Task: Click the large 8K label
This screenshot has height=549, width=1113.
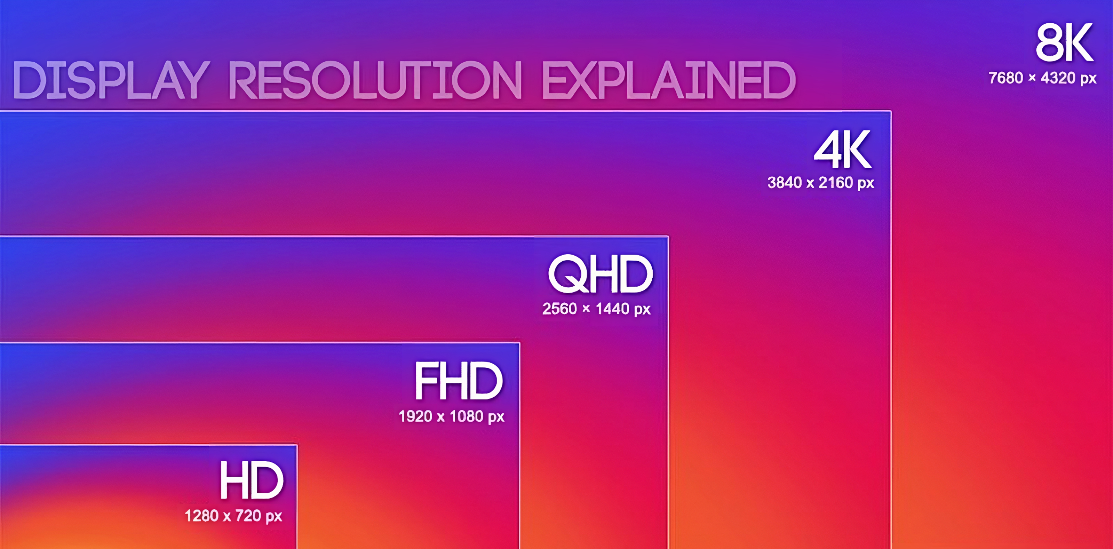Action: pyautogui.click(x=1065, y=43)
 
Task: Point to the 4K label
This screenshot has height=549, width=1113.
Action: pyautogui.click(x=843, y=150)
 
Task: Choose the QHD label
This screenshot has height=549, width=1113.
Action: pyautogui.click(x=600, y=274)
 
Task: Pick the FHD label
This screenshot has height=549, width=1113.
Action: pyautogui.click(x=459, y=381)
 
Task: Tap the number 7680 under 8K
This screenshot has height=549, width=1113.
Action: pyautogui.click(x=1005, y=78)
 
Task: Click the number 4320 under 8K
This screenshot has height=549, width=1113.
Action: pyautogui.click(x=1058, y=78)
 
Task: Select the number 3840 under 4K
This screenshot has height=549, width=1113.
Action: pyautogui.click(x=784, y=183)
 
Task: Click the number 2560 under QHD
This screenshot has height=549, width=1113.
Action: pyautogui.click(x=559, y=309)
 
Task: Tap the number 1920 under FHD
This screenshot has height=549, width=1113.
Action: pyautogui.click(x=415, y=416)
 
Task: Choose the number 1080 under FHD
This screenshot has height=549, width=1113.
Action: pyautogui.click(x=466, y=416)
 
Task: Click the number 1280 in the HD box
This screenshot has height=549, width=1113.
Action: pyautogui.click(x=201, y=516)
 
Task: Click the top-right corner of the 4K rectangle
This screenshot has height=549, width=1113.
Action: pyautogui.click(x=890, y=111)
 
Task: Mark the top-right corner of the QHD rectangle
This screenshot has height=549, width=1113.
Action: pyautogui.click(x=668, y=236)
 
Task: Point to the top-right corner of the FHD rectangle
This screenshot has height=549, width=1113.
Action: pyautogui.click(x=519, y=343)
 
